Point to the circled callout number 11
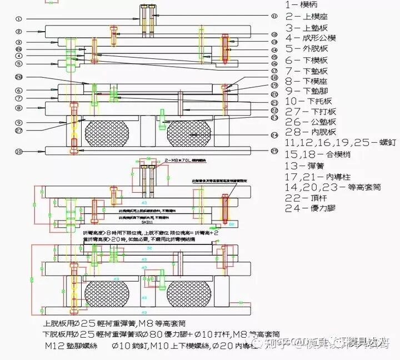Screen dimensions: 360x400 pyautogui.click(x=274, y=16)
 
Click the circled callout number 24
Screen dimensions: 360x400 pyautogui.click(x=274, y=135)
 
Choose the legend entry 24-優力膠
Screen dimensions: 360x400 pyautogui.click(x=311, y=208)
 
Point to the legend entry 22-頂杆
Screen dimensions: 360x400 pyautogui.click(x=304, y=198)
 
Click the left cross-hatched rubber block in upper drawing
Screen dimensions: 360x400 pyautogui.click(x=107, y=133)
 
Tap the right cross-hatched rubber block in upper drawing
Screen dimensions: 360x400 pyautogui.click(x=189, y=133)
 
